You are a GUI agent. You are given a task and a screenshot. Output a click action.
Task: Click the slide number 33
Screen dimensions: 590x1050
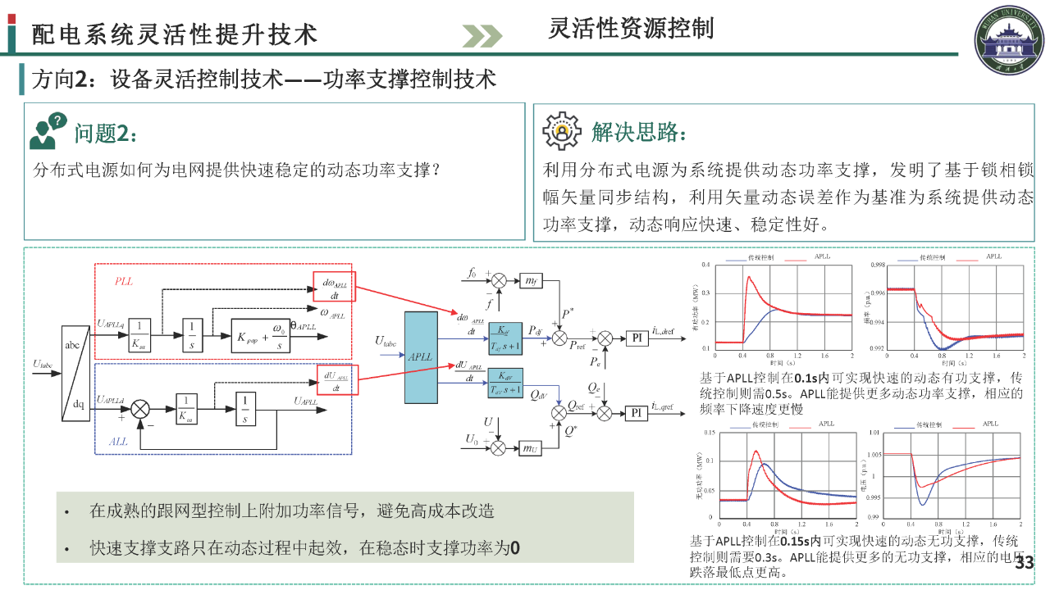pyautogui.click(x=1025, y=563)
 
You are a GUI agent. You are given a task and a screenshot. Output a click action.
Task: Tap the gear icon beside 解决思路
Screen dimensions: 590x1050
pyautogui.click(x=561, y=130)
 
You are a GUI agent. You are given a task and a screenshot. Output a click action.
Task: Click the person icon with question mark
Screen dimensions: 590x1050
pyautogui.click(x=47, y=131)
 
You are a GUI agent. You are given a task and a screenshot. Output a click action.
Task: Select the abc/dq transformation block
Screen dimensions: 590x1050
pyautogui.click(x=75, y=374)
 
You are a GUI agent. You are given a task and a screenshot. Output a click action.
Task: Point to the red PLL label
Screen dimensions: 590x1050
pyautogui.click(x=124, y=281)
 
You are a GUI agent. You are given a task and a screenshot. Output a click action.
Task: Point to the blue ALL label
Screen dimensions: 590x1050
pyautogui.click(x=119, y=442)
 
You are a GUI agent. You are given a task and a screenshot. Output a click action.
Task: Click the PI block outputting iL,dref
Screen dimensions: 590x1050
pyautogui.click(x=636, y=338)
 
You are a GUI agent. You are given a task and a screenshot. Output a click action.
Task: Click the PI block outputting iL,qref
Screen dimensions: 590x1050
pyautogui.click(x=636, y=412)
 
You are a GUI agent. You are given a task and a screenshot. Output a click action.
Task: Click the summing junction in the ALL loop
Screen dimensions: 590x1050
pyautogui.click(x=140, y=408)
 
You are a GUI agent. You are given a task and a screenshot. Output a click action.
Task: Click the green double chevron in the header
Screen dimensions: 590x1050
pyautogui.click(x=482, y=35)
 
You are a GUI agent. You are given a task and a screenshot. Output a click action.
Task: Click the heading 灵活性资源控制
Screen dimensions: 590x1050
pyautogui.click(x=631, y=28)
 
